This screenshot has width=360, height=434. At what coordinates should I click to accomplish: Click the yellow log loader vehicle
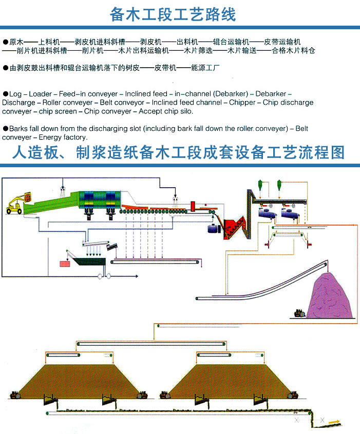tap(16, 204)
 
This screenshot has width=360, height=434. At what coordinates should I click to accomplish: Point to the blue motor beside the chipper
tap(214, 229)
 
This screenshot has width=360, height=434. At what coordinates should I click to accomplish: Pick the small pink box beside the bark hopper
tap(65, 264)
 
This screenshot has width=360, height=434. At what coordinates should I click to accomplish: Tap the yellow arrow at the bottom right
tap(334, 422)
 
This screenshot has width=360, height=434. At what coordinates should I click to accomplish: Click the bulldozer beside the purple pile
tap(299, 313)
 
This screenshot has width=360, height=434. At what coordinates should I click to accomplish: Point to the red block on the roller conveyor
tap(193, 206)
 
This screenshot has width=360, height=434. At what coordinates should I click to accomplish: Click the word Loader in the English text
tap(40, 94)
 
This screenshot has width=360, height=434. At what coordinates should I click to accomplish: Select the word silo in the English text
tap(186, 111)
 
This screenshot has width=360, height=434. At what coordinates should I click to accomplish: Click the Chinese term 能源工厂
tap(205, 68)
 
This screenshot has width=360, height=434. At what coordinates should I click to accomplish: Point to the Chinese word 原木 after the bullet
tap(16, 42)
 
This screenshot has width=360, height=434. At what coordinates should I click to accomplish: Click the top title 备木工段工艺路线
tap(173, 14)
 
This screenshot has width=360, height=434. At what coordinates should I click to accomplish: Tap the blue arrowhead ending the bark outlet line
tap(137, 276)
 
